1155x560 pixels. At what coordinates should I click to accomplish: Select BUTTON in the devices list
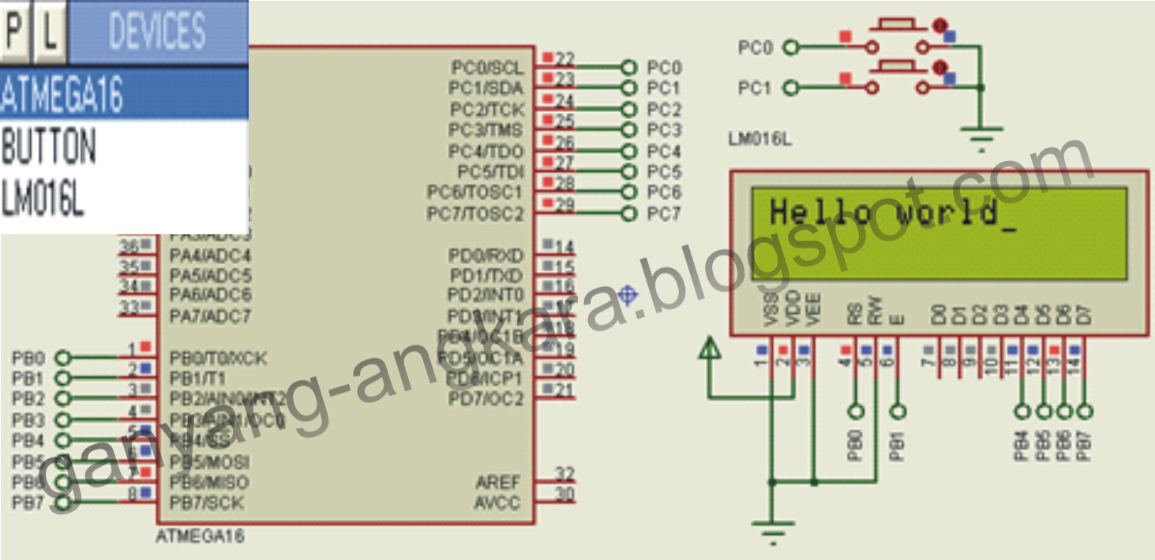pyautogui.click(x=49, y=147)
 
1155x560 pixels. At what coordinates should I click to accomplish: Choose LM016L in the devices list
pyautogui.click(x=43, y=199)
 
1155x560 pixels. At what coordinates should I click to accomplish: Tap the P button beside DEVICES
pyautogui.click(x=16, y=32)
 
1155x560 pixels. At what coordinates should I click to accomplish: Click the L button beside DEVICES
pyautogui.click(x=50, y=32)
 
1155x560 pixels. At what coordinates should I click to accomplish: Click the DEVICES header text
pyautogui.click(x=157, y=32)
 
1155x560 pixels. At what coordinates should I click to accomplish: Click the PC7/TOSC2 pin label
pyautogui.click(x=475, y=214)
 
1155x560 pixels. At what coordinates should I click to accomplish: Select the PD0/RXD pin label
pyautogui.click(x=486, y=256)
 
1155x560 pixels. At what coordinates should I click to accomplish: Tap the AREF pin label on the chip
pyautogui.click(x=498, y=482)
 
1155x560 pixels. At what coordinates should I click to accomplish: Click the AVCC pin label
pyautogui.click(x=497, y=502)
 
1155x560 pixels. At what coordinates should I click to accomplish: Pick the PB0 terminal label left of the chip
pyautogui.click(x=28, y=358)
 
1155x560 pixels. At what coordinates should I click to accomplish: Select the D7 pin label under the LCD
pyautogui.click(x=1085, y=315)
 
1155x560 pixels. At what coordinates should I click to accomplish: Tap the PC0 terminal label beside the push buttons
pyautogui.click(x=755, y=48)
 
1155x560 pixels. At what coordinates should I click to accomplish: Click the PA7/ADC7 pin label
pyautogui.click(x=210, y=316)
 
